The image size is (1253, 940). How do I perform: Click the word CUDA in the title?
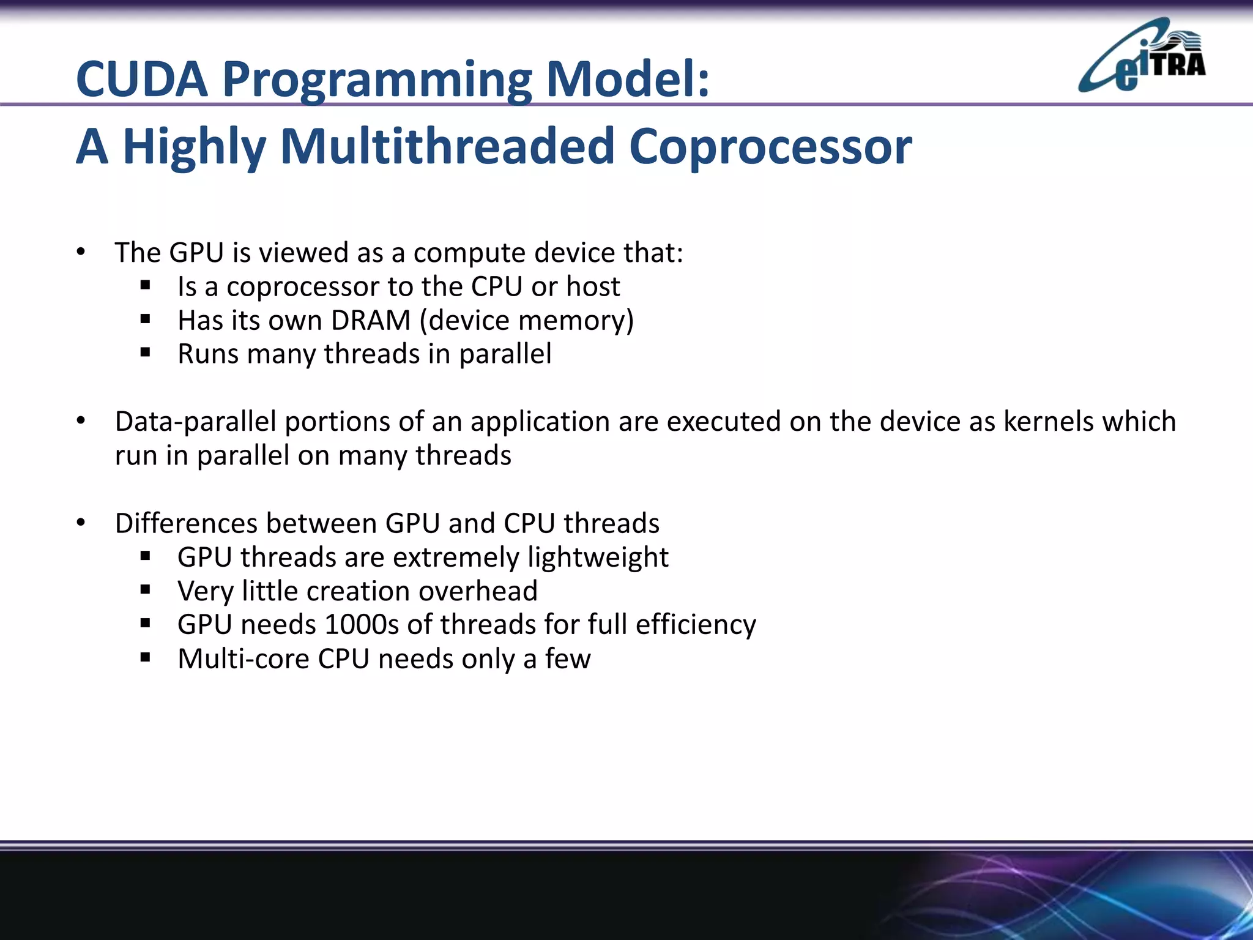coord(142,80)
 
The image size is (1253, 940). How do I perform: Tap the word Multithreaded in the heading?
coord(447,147)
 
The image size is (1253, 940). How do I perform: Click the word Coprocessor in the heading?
coord(770,147)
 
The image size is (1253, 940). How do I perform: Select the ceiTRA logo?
coord(1142,56)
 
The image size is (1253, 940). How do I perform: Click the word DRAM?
coord(371,321)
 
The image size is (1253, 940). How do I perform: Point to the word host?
coord(593,286)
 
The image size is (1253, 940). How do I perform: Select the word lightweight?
coord(598,558)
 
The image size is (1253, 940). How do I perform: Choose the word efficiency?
coord(696,625)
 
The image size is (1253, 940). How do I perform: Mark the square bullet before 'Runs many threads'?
coord(145,353)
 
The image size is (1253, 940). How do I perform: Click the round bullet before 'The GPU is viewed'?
coord(81,252)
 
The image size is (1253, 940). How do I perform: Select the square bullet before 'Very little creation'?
coord(145,590)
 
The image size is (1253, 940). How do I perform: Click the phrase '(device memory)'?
coord(527,321)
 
